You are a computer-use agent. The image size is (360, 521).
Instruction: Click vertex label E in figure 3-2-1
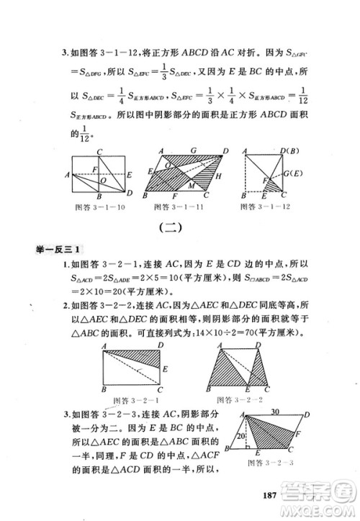[x=165, y=368]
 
